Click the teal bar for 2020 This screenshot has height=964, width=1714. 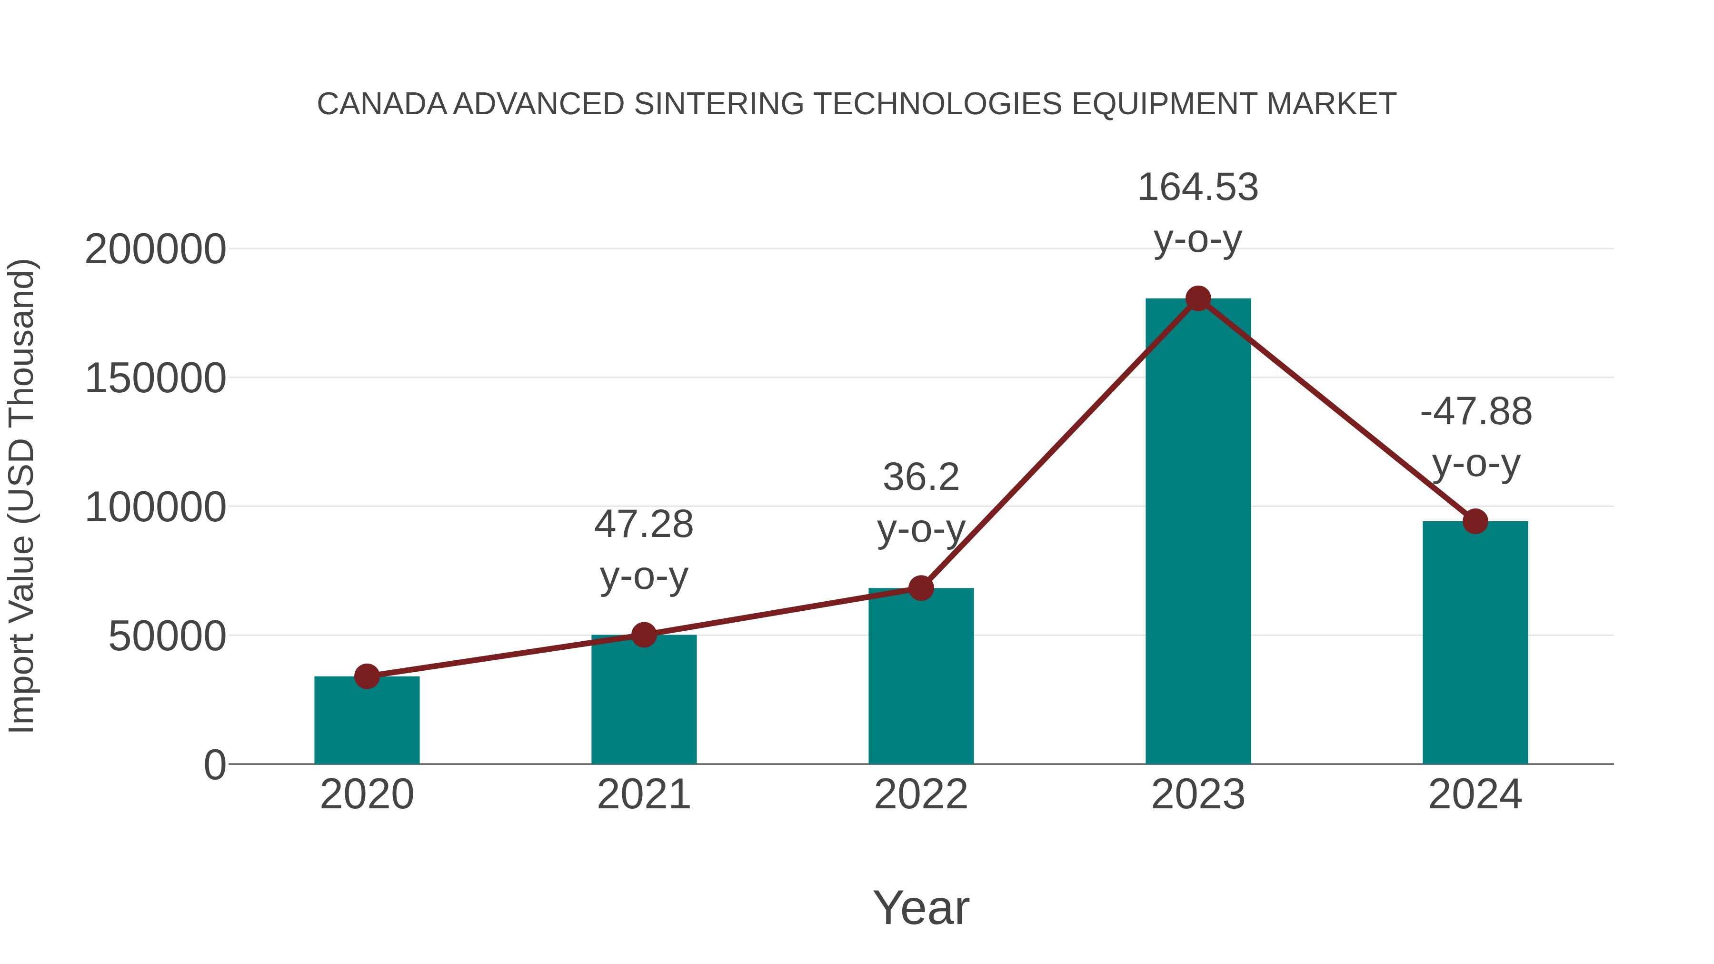367,722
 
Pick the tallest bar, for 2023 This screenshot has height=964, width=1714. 1198,532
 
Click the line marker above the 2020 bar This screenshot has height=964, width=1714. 367,676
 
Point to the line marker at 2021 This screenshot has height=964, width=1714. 643,635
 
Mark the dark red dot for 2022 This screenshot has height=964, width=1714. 921,588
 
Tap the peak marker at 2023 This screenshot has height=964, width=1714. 1198,298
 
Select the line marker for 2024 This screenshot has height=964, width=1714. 1475,522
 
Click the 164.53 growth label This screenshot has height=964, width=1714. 1198,188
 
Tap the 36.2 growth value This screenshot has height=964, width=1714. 921,477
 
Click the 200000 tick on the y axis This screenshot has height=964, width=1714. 155,250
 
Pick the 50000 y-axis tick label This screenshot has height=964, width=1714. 167,636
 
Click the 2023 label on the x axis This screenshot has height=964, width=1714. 1198,795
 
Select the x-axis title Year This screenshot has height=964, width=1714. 921,908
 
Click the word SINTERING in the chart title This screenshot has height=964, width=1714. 718,104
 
